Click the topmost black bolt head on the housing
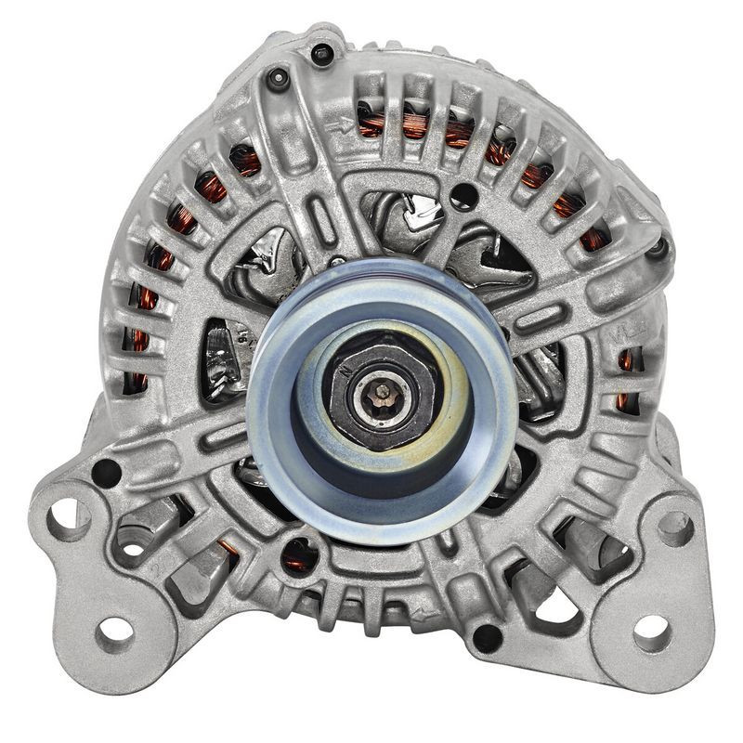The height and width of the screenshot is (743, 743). (x=322, y=54)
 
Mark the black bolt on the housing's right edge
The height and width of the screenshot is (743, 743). (x=658, y=247)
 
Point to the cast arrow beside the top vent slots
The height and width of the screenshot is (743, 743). (x=345, y=124)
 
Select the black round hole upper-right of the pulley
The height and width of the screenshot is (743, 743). (x=468, y=196)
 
